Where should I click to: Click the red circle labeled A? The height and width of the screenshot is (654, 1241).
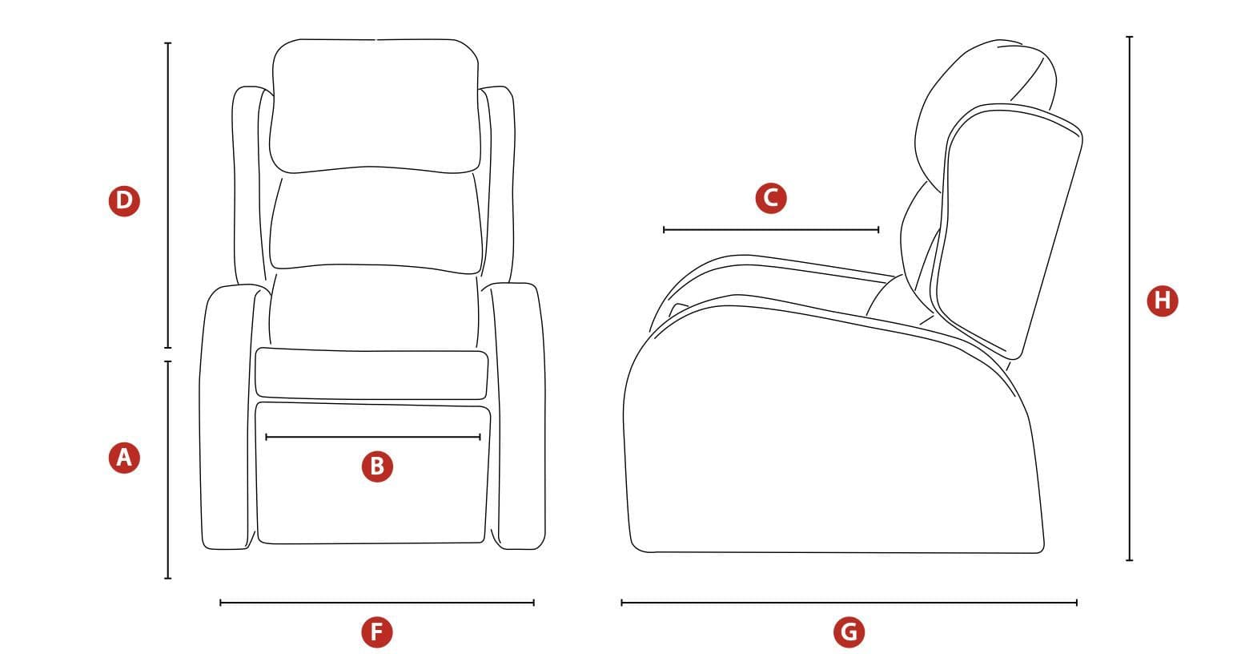click(124, 458)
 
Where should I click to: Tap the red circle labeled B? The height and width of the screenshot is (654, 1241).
click(377, 466)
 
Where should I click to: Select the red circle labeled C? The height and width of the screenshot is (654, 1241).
click(771, 198)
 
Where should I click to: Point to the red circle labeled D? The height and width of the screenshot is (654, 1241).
click(124, 201)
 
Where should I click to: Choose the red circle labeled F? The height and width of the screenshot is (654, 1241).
click(377, 632)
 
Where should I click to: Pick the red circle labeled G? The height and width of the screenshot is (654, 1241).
click(849, 632)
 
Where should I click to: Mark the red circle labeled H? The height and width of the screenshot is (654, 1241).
click(1163, 301)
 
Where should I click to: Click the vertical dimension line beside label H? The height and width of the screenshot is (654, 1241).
click(1129, 298)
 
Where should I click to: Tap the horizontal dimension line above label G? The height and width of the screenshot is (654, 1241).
click(849, 603)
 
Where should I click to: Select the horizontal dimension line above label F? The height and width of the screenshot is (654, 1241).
click(377, 603)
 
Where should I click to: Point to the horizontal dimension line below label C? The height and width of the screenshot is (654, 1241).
click(771, 229)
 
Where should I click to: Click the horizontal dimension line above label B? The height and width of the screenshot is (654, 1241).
click(373, 437)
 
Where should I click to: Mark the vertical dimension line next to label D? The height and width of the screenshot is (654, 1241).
click(168, 196)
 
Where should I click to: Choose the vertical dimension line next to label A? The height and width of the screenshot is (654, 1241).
click(168, 470)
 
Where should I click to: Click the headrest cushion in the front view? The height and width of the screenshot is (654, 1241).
click(375, 106)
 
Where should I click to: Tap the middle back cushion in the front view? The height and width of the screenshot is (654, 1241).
click(376, 220)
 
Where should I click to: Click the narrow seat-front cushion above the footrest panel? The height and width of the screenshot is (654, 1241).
click(371, 373)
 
